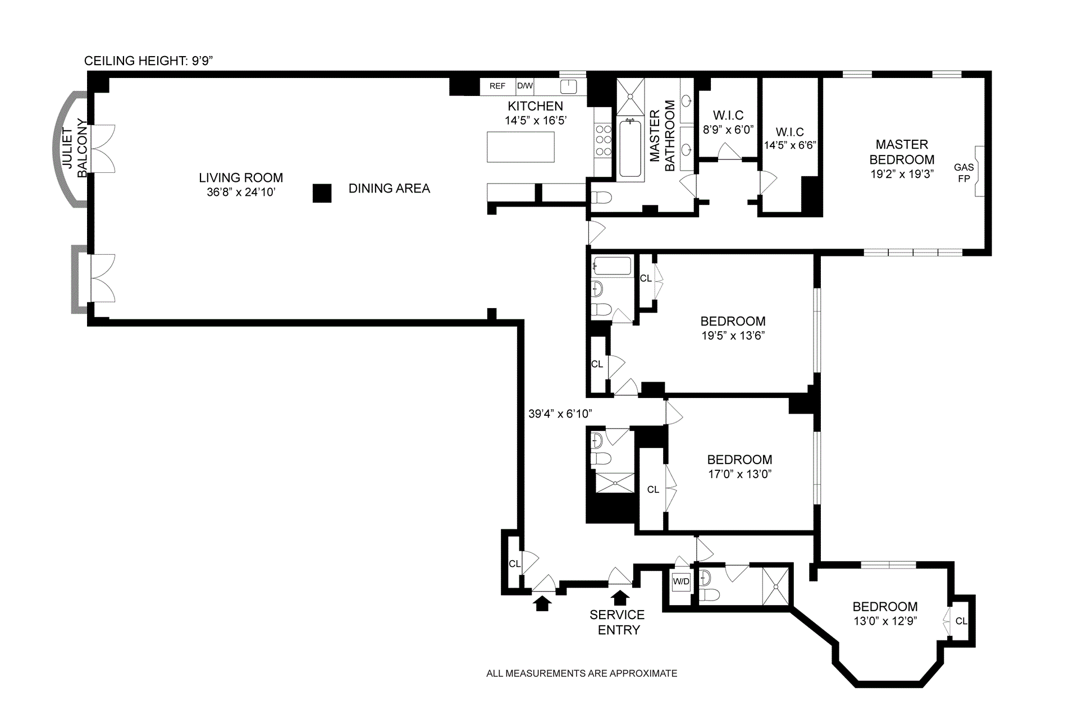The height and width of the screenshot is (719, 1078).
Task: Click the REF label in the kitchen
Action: click(x=497, y=86)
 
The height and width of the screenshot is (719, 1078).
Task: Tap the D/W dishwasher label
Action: click(x=525, y=86)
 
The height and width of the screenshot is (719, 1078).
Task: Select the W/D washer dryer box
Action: click(x=681, y=581)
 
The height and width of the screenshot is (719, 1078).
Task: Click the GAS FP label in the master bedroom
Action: click(x=963, y=173)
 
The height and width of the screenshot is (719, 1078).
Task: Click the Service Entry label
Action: click(x=618, y=622)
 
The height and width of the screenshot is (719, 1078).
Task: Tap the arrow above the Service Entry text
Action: click(x=619, y=596)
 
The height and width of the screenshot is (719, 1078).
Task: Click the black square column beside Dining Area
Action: click(x=322, y=193)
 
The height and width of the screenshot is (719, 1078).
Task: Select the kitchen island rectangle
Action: click(x=520, y=147)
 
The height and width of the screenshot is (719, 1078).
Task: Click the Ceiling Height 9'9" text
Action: click(x=148, y=61)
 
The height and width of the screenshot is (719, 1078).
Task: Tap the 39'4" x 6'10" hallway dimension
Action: click(x=560, y=414)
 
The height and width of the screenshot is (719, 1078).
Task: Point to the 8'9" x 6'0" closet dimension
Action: click(x=728, y=130)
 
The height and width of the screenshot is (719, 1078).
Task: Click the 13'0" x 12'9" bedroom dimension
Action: click(x=885, y=621)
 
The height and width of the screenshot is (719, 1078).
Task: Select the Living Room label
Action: click(x=241, y=178)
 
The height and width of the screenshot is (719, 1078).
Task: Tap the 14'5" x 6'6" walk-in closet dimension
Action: click(x=789, y=145)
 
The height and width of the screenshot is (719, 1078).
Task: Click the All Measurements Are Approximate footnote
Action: click(x=582, y=674)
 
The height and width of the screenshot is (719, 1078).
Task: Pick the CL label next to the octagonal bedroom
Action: click(x=961, y=621)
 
